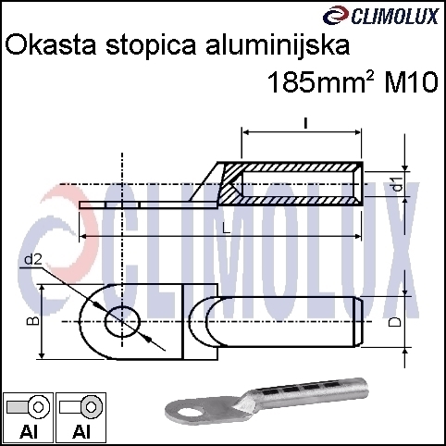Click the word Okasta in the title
point(51,45)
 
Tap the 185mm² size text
point(321,82)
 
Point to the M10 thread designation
point(411,82)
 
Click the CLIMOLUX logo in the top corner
point(381,16)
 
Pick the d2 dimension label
point(32,261)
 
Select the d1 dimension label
point(398,184)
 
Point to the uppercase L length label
point(227,229)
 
